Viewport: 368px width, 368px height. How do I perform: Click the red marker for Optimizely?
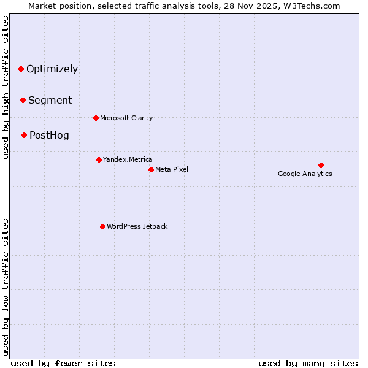pyautogui.click(x=21, y=69)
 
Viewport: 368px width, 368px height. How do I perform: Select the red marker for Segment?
pyautogui.click(x=23, y=100)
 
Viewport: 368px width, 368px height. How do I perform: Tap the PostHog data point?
pyautogui.click(x=24, y=135)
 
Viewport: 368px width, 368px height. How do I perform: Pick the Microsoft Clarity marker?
pyautogui.click(x=96, y=118)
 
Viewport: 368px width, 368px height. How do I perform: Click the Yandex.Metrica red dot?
pyautogui.click(x=99, y=159)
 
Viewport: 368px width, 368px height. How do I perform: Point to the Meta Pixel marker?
pyautogui.click(x=151, y=169)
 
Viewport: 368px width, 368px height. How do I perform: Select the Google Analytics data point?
pyautogui.click(x=321, y=165)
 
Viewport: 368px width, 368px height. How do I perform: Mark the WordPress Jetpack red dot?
pyautogui.click(x=102, y=226)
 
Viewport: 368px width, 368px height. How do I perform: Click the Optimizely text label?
pyautogui.click(x=52, y=69)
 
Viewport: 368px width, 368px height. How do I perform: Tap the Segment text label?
pyautogui.click(x=50, y=100)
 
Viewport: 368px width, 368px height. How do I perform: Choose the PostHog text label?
pyautogui.click(x=49, y=135)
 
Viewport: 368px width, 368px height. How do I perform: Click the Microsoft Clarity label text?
pyautogui.click(x=126, y=118)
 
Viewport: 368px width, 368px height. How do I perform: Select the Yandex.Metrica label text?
pyautogui.click(x=128, y=159)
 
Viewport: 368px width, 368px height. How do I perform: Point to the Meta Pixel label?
pyautogui.click(x=172, y=169)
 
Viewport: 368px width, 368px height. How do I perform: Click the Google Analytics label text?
pyautogui.click(x=305, y=174)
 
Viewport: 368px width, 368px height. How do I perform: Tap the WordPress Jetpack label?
pyautogui.click(x=137, y=226)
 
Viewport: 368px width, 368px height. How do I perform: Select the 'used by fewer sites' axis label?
pyautogui.click(x=63, y=363)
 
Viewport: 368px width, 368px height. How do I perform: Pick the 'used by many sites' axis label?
pyautogui.click(x=308, y=363)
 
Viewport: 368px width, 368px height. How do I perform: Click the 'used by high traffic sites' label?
pyautogui.click(x=6, y=87)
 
